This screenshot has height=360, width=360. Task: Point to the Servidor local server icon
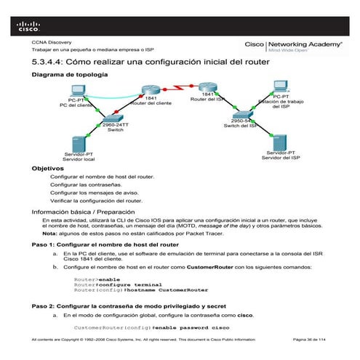79,143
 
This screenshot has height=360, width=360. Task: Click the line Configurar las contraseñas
84,185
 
